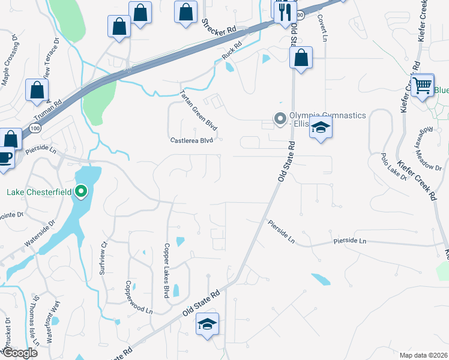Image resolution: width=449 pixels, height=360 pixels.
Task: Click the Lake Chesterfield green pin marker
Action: click(81, 192)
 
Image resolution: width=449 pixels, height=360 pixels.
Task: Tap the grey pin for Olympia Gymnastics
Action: click(279, 119)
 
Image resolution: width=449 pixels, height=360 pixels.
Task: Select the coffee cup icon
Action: click(5, 158)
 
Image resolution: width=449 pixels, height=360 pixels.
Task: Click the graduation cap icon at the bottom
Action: click(208, 325)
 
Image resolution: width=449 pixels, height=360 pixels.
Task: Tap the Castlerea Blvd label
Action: click(191, 140)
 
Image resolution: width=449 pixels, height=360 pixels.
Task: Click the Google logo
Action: click(19, 353)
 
